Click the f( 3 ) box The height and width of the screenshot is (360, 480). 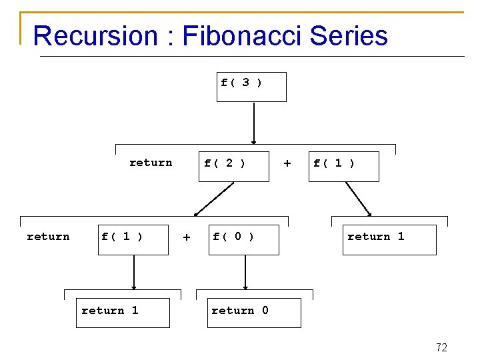point(251,87)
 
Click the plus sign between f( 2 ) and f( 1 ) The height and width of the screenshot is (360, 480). point(287,163)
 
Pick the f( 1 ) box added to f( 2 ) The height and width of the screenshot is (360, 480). point(345,166)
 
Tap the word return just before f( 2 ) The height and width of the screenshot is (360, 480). point(151,163)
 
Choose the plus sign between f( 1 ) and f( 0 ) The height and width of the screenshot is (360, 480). point(187,237)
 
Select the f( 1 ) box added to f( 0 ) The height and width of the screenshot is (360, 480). point(133,239)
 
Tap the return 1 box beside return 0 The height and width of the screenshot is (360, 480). point(123,313)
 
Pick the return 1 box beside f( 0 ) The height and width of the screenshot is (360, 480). point(390,239)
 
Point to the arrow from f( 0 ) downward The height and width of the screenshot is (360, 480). point(245,272)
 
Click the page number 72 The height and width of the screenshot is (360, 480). point(441,347)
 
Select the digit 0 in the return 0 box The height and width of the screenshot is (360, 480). point(265,310)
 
